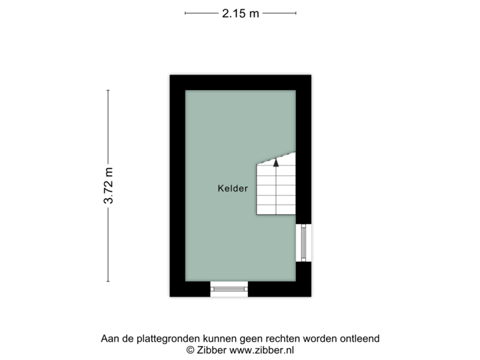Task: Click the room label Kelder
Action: (x=232, y=189)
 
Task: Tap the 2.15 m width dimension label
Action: (x=241, y=13)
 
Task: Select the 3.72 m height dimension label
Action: (x=108, y=185)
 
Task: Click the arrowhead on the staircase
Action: (x=277, y=161)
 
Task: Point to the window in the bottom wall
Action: (x=229, y=289)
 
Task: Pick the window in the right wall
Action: (x=305, y=243)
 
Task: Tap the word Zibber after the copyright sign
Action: (x=211, y=349)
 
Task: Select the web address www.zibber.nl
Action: (x=261, y=349)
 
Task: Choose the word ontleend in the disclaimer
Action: (x=361, y=339)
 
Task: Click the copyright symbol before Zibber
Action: (x=190, y=349)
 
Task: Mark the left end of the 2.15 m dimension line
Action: (x=185, y=13)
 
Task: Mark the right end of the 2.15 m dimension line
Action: (x=296, y=13)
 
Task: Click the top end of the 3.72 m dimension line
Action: (x=108, y=90)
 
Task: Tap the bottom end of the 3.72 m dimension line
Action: (x=108, y=281)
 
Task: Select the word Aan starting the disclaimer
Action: (x=108, y=339)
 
